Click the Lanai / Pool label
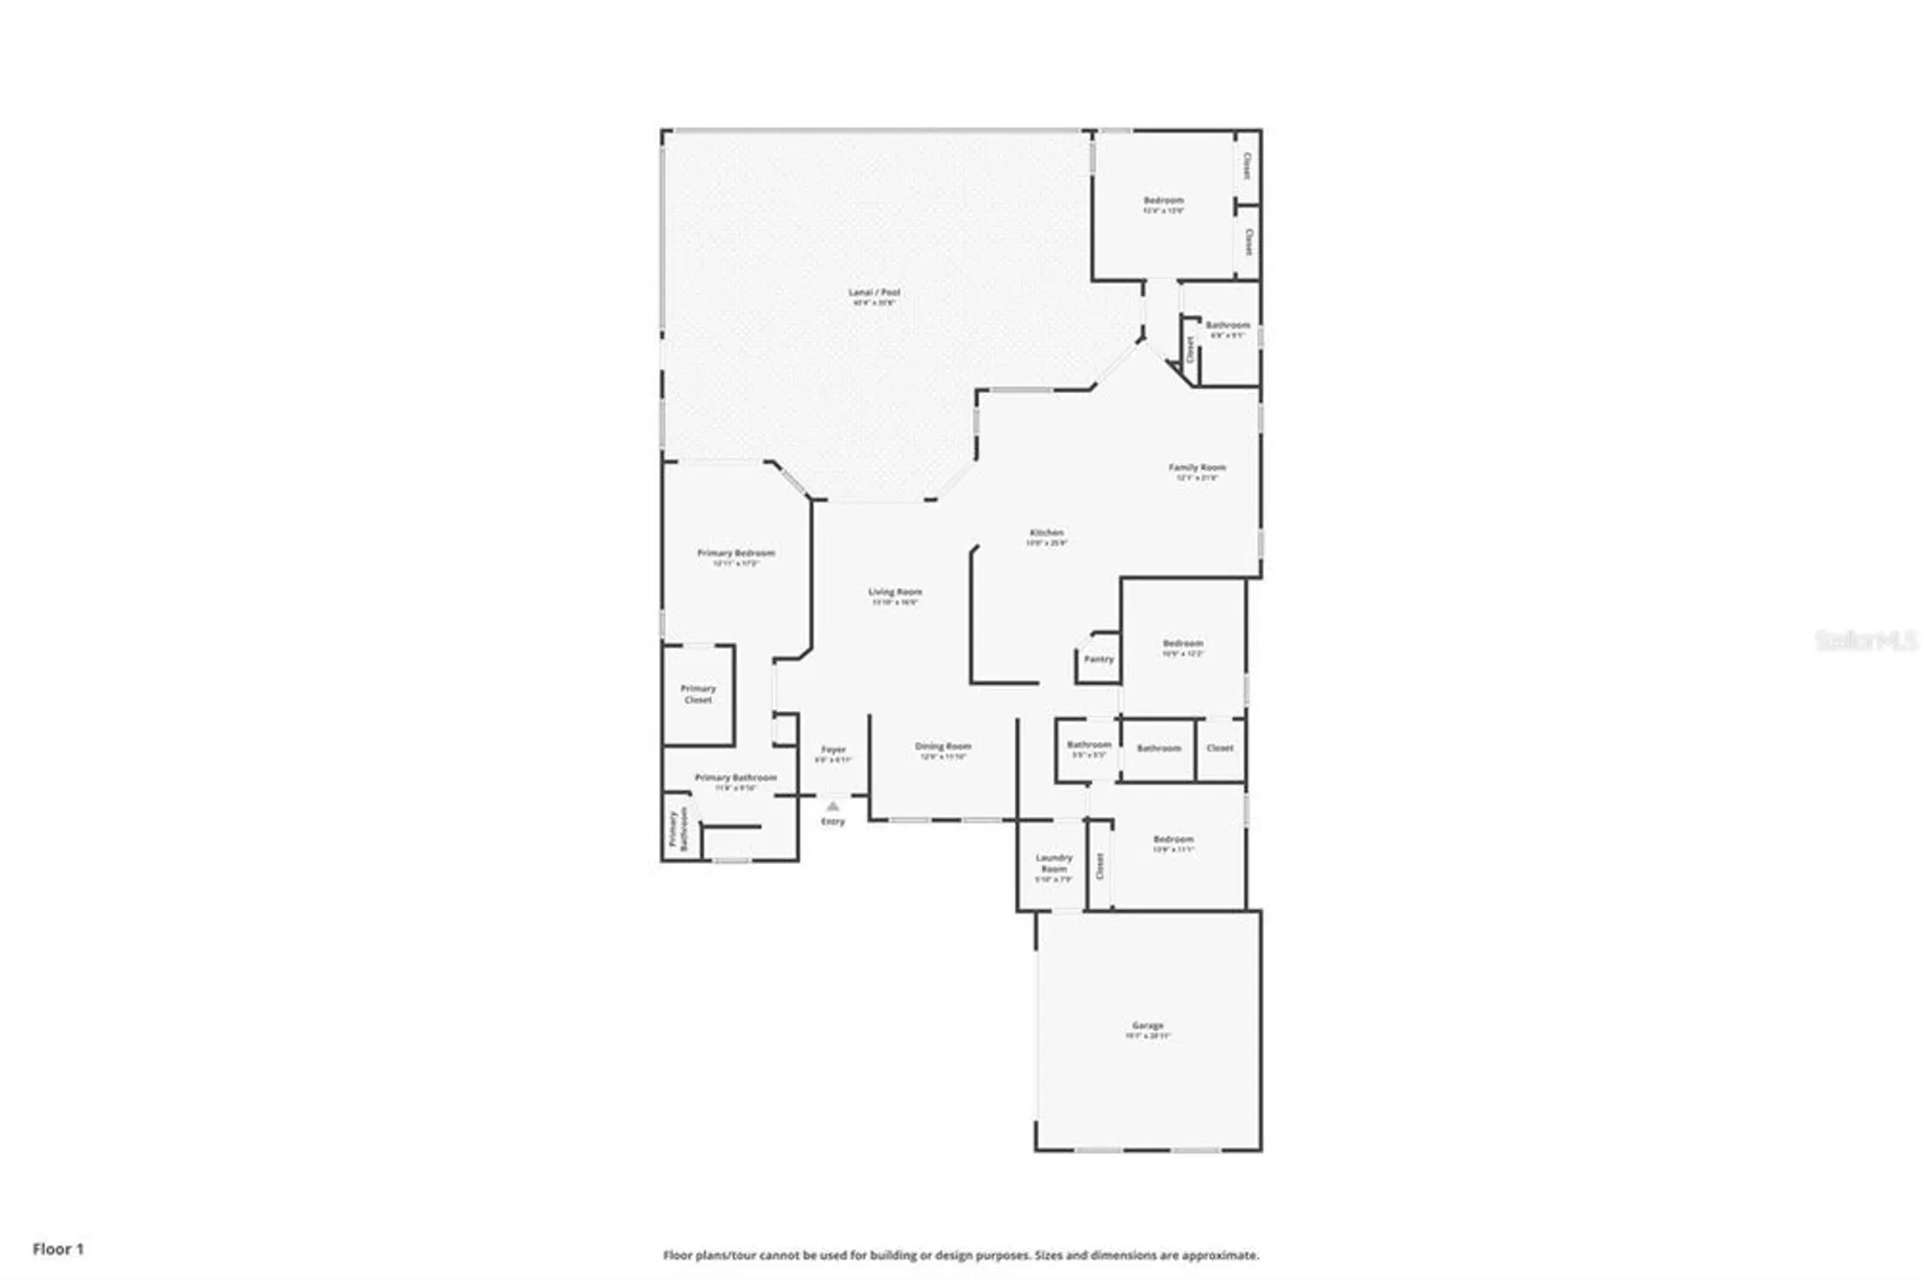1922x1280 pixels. tap(874, 292)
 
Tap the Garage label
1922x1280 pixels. tap(1147, 1025)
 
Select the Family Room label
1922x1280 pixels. tap(1196, 468)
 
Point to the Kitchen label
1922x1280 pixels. tap(1047, 532)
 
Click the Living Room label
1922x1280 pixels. tap(895, 592)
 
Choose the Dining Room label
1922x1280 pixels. tap(943, 746)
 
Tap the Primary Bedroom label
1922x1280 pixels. tap(735, 554)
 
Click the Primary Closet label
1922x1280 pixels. tap(698, 694)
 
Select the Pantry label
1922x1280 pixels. tap(1098, 659)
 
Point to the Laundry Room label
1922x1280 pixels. tap(1053, 863)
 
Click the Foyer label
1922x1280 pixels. tap(833, 750)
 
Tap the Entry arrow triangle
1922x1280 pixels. tap(833, 806)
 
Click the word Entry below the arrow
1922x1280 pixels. tap(833, 822)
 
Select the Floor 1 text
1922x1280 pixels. tap(58, 1249)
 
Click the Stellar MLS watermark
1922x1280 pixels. tap(1865, 640)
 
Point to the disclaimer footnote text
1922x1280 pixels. tap(960, 1255)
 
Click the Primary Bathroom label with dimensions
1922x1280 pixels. tap(735, 777)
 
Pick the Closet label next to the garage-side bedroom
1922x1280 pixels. tap(1100, 866)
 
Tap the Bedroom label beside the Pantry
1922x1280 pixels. tap(1182, 644)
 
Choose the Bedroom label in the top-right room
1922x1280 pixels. tap(1163, 201)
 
